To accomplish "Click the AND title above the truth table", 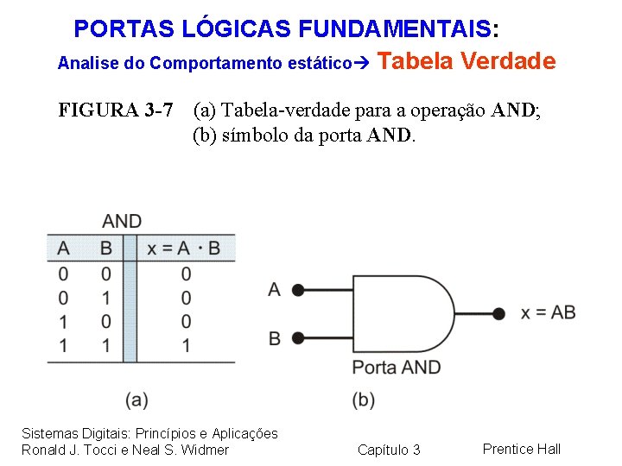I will (122, 222).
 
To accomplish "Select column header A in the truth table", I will (63, 249).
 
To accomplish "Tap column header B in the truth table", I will (105, 249).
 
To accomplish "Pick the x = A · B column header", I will (183, 249).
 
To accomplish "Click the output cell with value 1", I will (186, 345).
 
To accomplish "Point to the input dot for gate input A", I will (297, 290).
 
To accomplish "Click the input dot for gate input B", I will (297, 337).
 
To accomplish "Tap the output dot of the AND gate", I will (498, 313).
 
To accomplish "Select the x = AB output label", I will (548, 312).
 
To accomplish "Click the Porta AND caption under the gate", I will (396, 367).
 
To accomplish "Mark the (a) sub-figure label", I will (136, 400).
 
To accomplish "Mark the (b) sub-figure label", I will (364, 400).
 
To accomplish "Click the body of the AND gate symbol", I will (397, 313).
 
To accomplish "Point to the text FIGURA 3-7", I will (116, 110).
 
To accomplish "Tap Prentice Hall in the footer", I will (522, 449).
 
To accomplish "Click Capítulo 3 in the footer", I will (389, 450).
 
